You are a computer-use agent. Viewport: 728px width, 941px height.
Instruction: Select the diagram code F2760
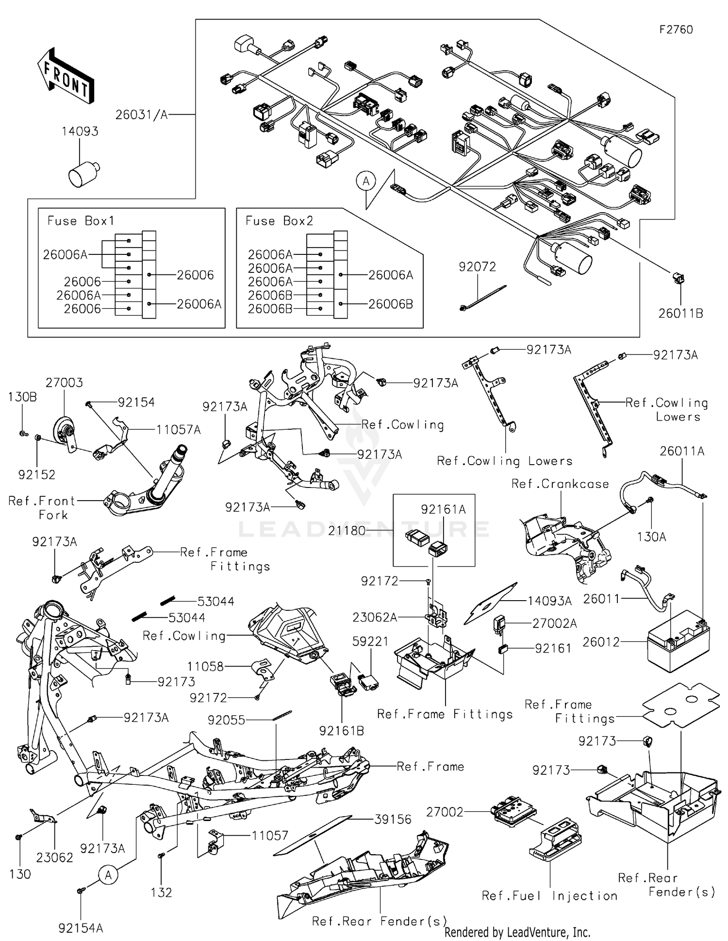(676, 30)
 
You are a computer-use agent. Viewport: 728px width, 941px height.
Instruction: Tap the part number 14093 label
(80, 132)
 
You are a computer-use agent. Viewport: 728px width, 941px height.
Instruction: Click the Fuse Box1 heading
(81, 221)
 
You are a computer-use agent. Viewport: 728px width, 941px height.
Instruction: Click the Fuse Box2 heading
(279, 221)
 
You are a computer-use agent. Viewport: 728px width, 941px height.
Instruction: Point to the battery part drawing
(678, 645)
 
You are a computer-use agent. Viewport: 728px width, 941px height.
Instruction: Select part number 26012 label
(601, 642)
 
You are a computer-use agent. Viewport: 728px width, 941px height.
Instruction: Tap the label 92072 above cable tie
(478, 267)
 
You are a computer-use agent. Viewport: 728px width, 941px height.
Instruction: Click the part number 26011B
(680, 314)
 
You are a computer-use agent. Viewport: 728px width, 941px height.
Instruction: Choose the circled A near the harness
(366, 182)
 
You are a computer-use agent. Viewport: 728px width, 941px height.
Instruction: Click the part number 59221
(371, 641)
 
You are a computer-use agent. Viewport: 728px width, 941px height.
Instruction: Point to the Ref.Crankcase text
(560, 484)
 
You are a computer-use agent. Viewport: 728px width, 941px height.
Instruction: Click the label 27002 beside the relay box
(445, 811)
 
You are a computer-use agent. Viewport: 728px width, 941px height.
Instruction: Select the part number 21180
(347, 531)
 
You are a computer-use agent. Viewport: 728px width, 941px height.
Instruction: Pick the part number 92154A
(81, 928)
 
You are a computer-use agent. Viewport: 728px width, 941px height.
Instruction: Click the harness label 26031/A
(141, 115)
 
